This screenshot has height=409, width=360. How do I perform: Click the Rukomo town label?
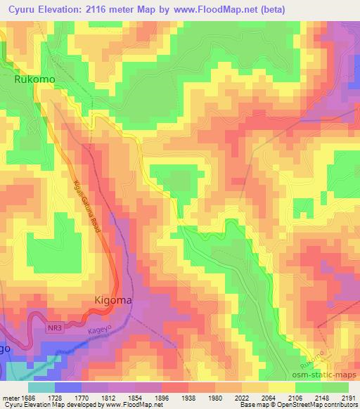pos(34,80)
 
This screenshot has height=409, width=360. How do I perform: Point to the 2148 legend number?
pos(319,398)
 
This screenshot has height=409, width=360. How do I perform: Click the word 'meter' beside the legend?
pos(9,398)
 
